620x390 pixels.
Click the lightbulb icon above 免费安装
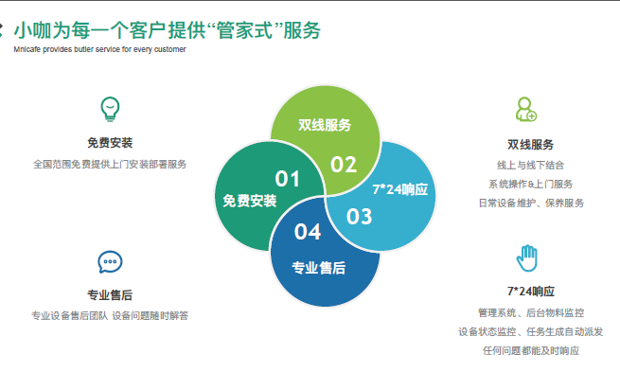pos(110,109)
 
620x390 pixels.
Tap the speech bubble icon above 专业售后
pos(110,262)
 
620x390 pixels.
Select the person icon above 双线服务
pos(526,109)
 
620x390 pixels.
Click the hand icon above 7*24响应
pos(527,257)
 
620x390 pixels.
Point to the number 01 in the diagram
pos(288,179)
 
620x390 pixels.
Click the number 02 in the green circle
pos(344,165)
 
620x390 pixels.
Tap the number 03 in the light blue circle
pos(359,217)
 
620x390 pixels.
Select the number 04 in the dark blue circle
pos(308,232)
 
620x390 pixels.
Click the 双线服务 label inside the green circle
pos(325,125)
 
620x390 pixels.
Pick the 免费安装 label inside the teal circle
pos(250,201)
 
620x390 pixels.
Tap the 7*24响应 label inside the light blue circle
pos(400,189)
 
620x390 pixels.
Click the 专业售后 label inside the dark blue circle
pos(319,268)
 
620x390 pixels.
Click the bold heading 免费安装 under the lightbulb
pos(110,143)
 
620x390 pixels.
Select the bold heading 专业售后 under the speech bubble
pos(110,295)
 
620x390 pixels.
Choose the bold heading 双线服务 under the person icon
pos(531,145)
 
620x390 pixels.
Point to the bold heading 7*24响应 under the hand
pos(531,292)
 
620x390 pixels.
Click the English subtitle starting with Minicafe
pos(99,49)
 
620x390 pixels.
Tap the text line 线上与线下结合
pos(531,166)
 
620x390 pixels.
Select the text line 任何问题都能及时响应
pos(531,351)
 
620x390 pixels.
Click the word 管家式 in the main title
pos(245,30)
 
